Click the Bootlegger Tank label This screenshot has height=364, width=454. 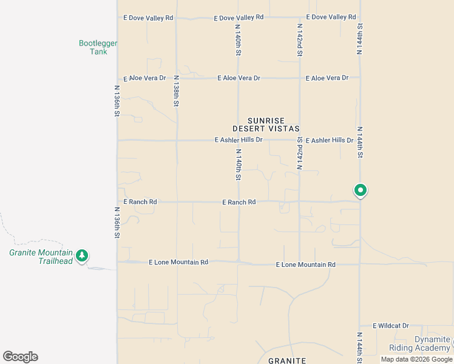[98, 47]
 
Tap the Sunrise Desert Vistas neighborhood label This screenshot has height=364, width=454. [266, 125]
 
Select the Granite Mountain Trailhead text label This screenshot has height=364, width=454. [41, 257]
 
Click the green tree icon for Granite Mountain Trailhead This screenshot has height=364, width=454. [82, 256]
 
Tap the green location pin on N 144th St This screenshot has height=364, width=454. [360, 190]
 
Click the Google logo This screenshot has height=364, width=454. [20, 357]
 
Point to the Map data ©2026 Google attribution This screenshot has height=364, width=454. [417, 359]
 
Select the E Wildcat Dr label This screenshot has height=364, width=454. [391, 326]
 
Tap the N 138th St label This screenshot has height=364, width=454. [176, 91]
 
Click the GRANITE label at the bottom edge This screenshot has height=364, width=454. [287, 360]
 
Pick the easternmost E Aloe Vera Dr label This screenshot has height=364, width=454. [327, 78]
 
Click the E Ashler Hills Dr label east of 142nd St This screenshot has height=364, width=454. [329, 140]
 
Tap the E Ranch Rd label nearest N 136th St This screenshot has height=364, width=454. [140, 201]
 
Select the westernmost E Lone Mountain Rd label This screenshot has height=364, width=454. [178, 262]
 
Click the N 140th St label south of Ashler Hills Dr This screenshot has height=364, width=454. [239, 165]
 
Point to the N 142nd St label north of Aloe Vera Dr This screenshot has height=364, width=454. [299, 40]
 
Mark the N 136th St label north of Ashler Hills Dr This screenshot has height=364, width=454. [117, 100]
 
